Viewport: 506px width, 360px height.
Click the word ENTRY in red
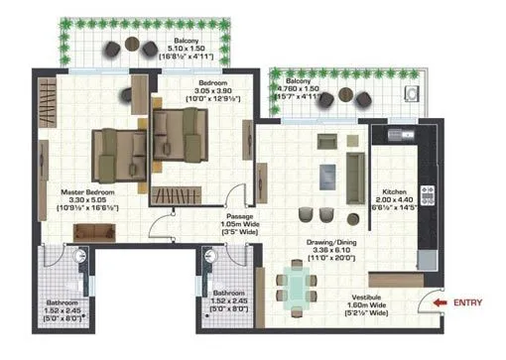pos(469,301)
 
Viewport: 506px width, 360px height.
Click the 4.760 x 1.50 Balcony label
pos(306,86)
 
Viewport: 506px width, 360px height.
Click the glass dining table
pos(295,286)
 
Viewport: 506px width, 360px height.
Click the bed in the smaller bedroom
pos(182,132)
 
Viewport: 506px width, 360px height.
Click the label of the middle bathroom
pos(230,299)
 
